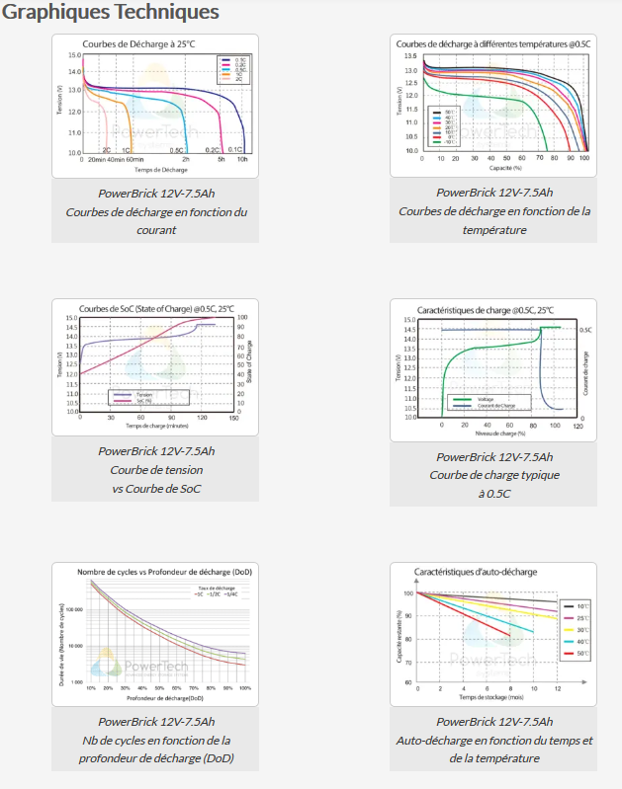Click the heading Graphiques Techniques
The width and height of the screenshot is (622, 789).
point(110,13)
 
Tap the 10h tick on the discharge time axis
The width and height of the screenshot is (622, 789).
point(242,159)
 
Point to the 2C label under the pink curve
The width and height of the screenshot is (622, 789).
point(106,149)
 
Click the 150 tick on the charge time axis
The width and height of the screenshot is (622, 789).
point(233,418)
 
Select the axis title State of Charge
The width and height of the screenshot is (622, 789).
point(250,361)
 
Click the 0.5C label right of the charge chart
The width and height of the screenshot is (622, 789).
point(585,330)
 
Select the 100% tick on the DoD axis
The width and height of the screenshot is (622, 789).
point(244,688)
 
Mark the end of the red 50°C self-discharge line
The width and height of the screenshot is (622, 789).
point(510,635)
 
